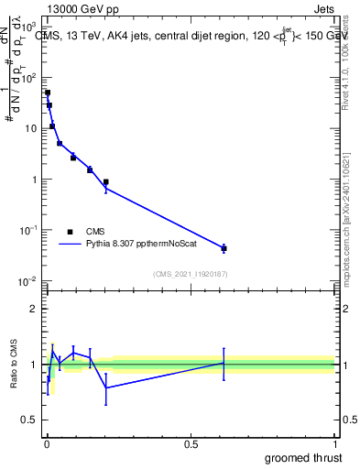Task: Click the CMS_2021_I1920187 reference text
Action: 190,274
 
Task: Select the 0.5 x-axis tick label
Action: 191,445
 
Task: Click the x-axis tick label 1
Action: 335,445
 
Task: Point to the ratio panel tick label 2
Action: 31,309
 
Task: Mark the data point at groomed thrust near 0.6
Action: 224,248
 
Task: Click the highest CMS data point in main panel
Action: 48,93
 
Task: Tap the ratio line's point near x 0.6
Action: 224,363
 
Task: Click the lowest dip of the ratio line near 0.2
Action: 106,387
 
